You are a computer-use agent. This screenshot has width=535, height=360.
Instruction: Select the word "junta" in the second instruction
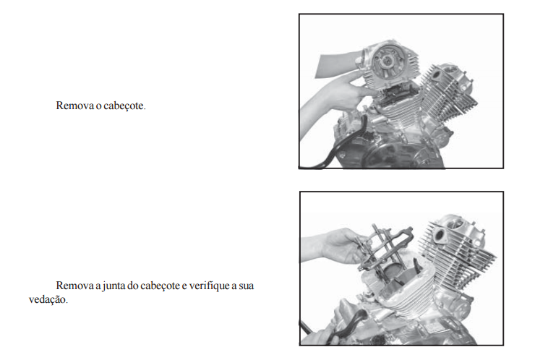(x=114, y=286)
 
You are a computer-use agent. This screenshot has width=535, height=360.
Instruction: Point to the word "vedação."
(x=48, y=299)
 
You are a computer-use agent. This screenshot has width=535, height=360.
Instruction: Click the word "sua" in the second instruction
(x=246, y=286)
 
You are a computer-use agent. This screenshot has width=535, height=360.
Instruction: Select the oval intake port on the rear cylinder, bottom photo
(x=439, y=236)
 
